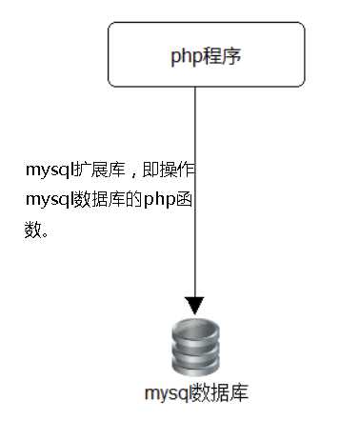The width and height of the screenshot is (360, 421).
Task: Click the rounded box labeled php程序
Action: [x=207, y=55]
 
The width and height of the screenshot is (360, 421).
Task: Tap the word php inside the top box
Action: [x=187, y=56]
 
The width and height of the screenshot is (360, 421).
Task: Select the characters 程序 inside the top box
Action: [x=224, y=56]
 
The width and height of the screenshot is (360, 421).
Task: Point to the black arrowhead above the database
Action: [x=195, y=305]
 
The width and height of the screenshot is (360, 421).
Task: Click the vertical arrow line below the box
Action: [x=195, y=190]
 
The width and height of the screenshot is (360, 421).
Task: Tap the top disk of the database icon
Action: [x=195, y=332]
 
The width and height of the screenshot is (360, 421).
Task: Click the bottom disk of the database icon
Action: [x=195, y=367]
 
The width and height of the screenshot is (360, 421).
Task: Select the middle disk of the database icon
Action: [x=195, y=350]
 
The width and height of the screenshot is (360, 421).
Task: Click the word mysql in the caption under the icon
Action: [x=167, y=392]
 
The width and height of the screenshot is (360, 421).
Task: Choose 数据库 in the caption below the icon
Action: [x=219, y=392]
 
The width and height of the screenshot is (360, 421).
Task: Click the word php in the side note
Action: [x=159, y=201]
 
